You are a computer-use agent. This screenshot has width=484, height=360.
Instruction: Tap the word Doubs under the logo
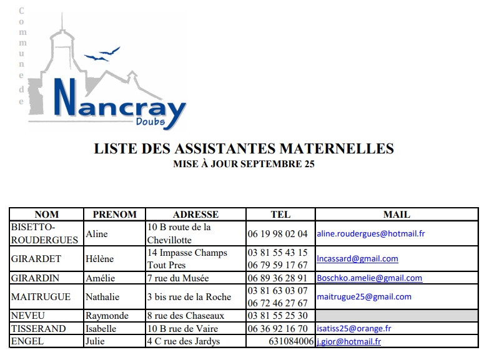click(x=151, y=122)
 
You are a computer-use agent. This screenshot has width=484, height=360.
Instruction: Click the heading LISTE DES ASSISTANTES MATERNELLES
click(x=244, y=148)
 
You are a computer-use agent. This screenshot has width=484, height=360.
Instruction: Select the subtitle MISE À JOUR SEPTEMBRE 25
click(x=244, y=164)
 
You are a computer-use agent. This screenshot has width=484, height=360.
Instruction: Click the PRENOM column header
click(x=114, y=214)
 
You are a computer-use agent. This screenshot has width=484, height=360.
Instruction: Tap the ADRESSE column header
click(x=195, y=214)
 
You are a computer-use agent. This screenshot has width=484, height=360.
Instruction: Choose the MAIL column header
click(x=397, y=214)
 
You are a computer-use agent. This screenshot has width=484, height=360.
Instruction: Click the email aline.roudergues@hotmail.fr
click(x=371, y=234)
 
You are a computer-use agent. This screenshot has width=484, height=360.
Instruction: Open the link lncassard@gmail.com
click(x=357, y=259)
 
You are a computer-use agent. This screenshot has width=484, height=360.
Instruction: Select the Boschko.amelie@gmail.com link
click(x=369, y=278)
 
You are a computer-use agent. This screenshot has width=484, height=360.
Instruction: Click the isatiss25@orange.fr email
click(x=353, y=329)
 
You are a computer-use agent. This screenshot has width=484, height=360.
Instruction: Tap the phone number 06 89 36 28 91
click(x=278, y=278)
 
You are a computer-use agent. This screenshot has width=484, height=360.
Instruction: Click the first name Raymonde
click(x=107, y=316)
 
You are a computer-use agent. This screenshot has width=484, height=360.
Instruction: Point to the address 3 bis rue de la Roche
click(x=189, y=297)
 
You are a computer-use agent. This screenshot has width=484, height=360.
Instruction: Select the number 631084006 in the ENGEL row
click(x=291, y=341)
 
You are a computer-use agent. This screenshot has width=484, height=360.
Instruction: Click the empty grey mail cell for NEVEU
click(x=397, y=316)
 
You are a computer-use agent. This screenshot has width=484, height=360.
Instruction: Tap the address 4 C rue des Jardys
click(x=184, y=341)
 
